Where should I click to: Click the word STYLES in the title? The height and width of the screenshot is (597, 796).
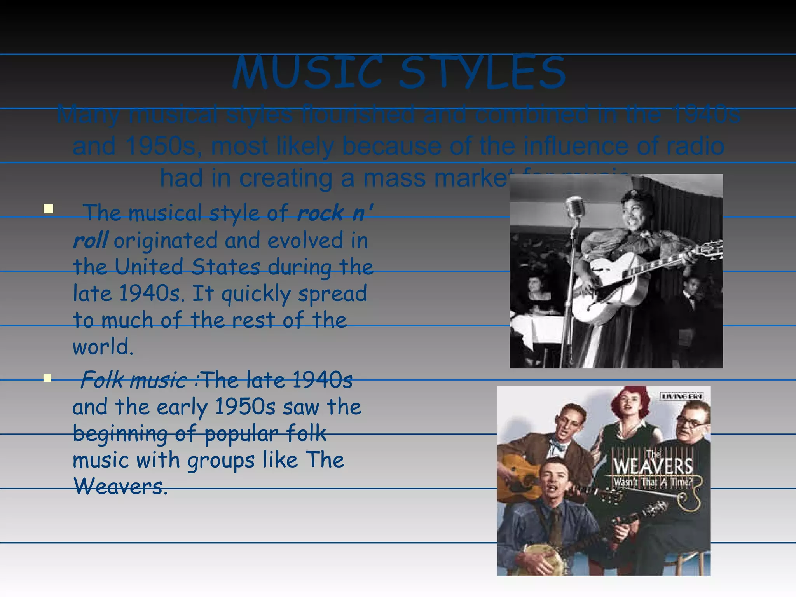tap(482, 73)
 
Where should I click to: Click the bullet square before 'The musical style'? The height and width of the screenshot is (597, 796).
tap(48, 209)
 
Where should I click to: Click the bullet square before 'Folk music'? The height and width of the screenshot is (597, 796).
tap(48, 378)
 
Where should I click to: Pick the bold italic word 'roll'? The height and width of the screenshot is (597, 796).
tap(90, 240)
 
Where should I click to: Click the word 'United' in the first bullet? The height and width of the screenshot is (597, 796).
tap(149, 267)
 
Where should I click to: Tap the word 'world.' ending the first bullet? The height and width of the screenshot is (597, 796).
tap(103, 347)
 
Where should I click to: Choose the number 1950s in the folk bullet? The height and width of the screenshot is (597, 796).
tap(245, 407)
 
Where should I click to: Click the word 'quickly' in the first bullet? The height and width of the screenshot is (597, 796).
tap(256, 294)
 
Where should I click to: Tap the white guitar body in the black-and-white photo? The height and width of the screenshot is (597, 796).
tap(606, 288)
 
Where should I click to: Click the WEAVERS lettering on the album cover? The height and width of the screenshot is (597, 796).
tap(653, 466)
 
